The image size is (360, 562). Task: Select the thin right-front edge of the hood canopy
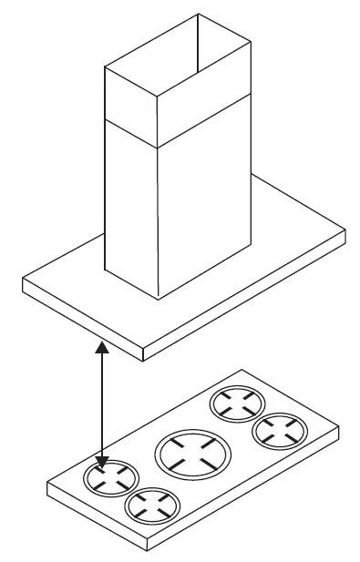(x=246, y=301)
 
